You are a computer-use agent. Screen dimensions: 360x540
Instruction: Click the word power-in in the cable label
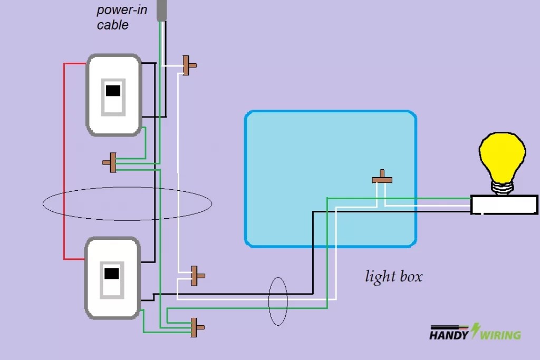[x=122, y=10]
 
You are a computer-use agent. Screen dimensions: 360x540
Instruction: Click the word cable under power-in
[x=112, y=25]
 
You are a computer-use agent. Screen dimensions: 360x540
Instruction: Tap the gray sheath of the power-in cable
[x=161, y=9]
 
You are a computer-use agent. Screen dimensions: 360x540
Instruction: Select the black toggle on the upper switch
[x=113, y=91]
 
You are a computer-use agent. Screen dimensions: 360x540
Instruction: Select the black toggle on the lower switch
[x=112, y=274]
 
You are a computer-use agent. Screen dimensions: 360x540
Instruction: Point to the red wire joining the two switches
[x=64, y=158]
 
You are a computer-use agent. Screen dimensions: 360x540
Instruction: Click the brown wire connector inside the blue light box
[x=382, y=179]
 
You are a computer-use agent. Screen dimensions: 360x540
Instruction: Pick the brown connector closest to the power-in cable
[x=188, y=65]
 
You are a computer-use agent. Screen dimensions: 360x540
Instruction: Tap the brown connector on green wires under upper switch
[x=112, y=162]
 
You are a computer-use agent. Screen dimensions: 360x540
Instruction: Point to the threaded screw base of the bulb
[x=502, y=187]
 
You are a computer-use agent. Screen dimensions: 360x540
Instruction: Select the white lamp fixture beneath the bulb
[x=504, y=205]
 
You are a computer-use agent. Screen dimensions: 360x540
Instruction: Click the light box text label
[x=393, y=276]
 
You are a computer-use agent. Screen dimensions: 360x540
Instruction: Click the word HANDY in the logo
[x=449, y=335]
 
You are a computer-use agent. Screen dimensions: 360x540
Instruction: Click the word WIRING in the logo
[x=500, y=335]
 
